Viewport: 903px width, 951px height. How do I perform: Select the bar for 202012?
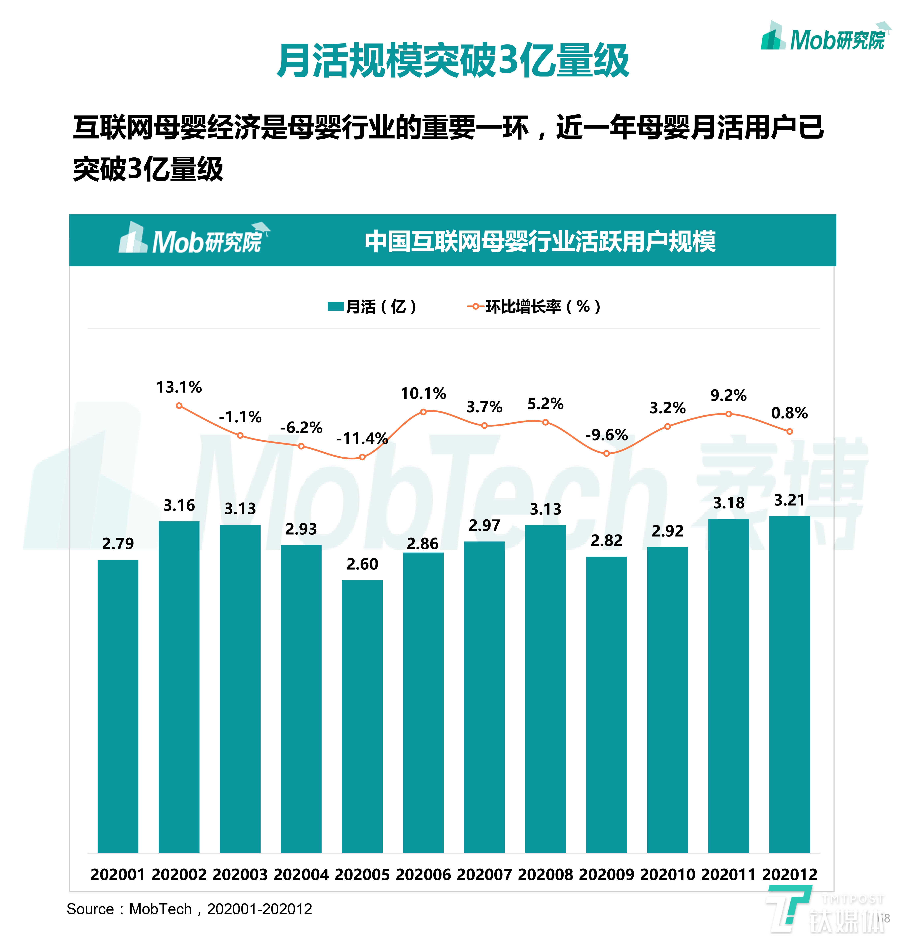tap(789, 684)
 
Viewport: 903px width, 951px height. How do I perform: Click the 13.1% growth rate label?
tap(179, 387)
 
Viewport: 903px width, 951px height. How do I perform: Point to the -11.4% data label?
tap(362, 438)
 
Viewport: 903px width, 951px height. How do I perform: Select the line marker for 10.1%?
tap(423, 412)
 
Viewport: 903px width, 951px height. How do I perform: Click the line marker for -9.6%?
tap(606, 453)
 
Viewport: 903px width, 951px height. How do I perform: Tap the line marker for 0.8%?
tap(789, 431)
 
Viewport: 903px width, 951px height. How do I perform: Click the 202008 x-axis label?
tap(545, 874)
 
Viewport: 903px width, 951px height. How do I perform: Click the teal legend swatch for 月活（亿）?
tap(335, 306)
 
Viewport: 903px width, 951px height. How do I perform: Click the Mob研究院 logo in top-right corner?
tap(824, 38)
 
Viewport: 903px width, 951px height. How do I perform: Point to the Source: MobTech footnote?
tap(189, 909)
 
